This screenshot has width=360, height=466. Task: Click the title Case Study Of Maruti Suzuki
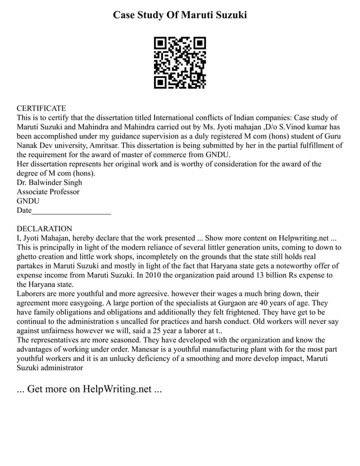click(x=180, y=15)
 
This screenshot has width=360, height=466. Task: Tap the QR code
click(x=180, y=63)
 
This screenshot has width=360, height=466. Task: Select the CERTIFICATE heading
click(x=41, y=108)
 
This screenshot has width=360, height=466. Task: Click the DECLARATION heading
click(x=44, y=228)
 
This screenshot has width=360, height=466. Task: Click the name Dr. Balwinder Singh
click(x=49, y=182)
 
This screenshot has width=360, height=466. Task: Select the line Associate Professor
click(x=48, y=192)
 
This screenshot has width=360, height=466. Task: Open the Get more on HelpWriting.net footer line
click(x=89, y=389)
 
